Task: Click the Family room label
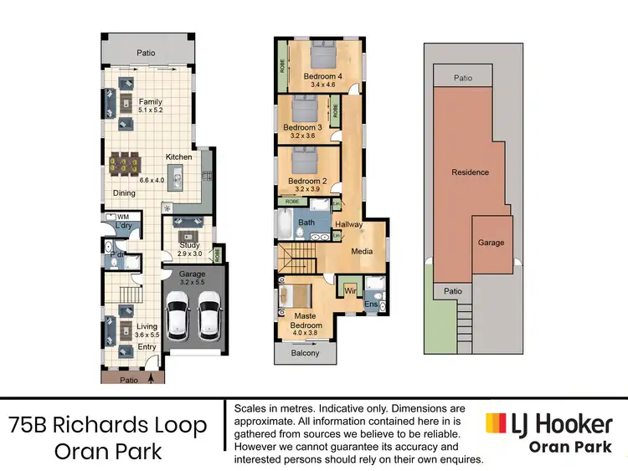151,101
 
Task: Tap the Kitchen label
179,156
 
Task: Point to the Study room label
189,246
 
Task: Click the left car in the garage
178,320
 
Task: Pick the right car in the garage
208,320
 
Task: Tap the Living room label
147,326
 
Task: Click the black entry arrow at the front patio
151,377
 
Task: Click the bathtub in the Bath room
283,227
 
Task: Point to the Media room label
363,250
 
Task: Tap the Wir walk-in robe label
351,290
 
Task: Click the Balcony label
306,353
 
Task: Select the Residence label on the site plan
470,172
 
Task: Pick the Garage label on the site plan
491,243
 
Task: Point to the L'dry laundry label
126,227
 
